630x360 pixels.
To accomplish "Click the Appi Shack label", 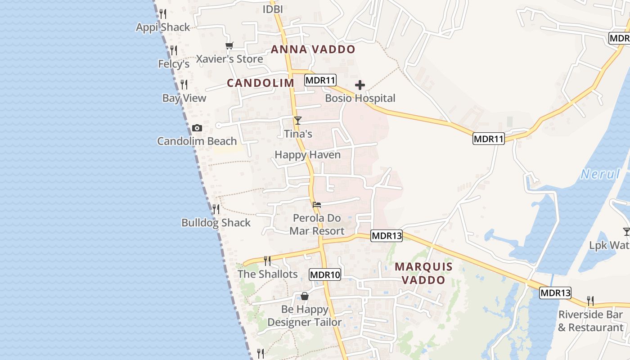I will [x=163, y=27].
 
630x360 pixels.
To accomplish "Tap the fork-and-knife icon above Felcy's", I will [x=174, y=50].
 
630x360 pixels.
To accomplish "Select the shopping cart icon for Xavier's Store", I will [x=229, y=46].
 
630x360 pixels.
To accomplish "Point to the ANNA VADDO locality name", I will [x=313, y=49].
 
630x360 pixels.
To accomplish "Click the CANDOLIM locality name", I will [x=261, y=83].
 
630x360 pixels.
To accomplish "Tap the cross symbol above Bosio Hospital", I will [x=360, y=85].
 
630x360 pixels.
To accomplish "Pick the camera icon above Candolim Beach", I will [x=197, y=128].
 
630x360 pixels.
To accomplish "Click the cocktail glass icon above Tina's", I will [x=297, y=120].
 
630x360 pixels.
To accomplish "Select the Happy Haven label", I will [x=307, y=155].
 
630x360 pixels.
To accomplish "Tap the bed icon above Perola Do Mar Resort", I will [x=317, y=205].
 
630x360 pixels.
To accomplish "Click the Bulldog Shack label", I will [x=216, y=223].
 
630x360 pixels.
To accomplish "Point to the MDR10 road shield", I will [x=325, y=274].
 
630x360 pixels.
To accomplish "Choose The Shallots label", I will [x=268, y=274].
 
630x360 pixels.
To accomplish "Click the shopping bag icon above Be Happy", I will [x=305, y=296].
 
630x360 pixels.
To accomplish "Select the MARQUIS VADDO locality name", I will [x=423, y=273].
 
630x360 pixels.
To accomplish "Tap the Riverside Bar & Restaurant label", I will [x=590, y=321].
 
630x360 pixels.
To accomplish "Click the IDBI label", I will [x=273, y=9].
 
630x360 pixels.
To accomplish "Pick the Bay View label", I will [x=184, y=98].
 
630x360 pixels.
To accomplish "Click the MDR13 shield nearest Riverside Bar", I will [x=555, y=293].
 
